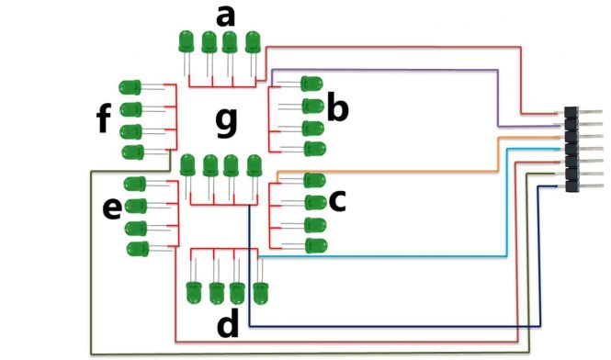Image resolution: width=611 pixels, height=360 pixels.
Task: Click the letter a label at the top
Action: (225, 15)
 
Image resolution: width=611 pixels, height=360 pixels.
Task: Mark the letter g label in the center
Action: (225, 122)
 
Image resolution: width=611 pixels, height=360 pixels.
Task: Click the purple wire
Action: (497, 92)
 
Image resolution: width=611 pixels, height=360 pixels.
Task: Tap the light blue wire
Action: (507, 211)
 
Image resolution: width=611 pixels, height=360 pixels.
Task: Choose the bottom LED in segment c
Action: (314, 245)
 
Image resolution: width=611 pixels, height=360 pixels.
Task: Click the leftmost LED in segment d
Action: (194, 292)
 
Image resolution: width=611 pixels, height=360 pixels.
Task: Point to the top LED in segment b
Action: (312, 84)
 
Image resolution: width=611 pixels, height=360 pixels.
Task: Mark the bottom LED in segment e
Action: (138, 248)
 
